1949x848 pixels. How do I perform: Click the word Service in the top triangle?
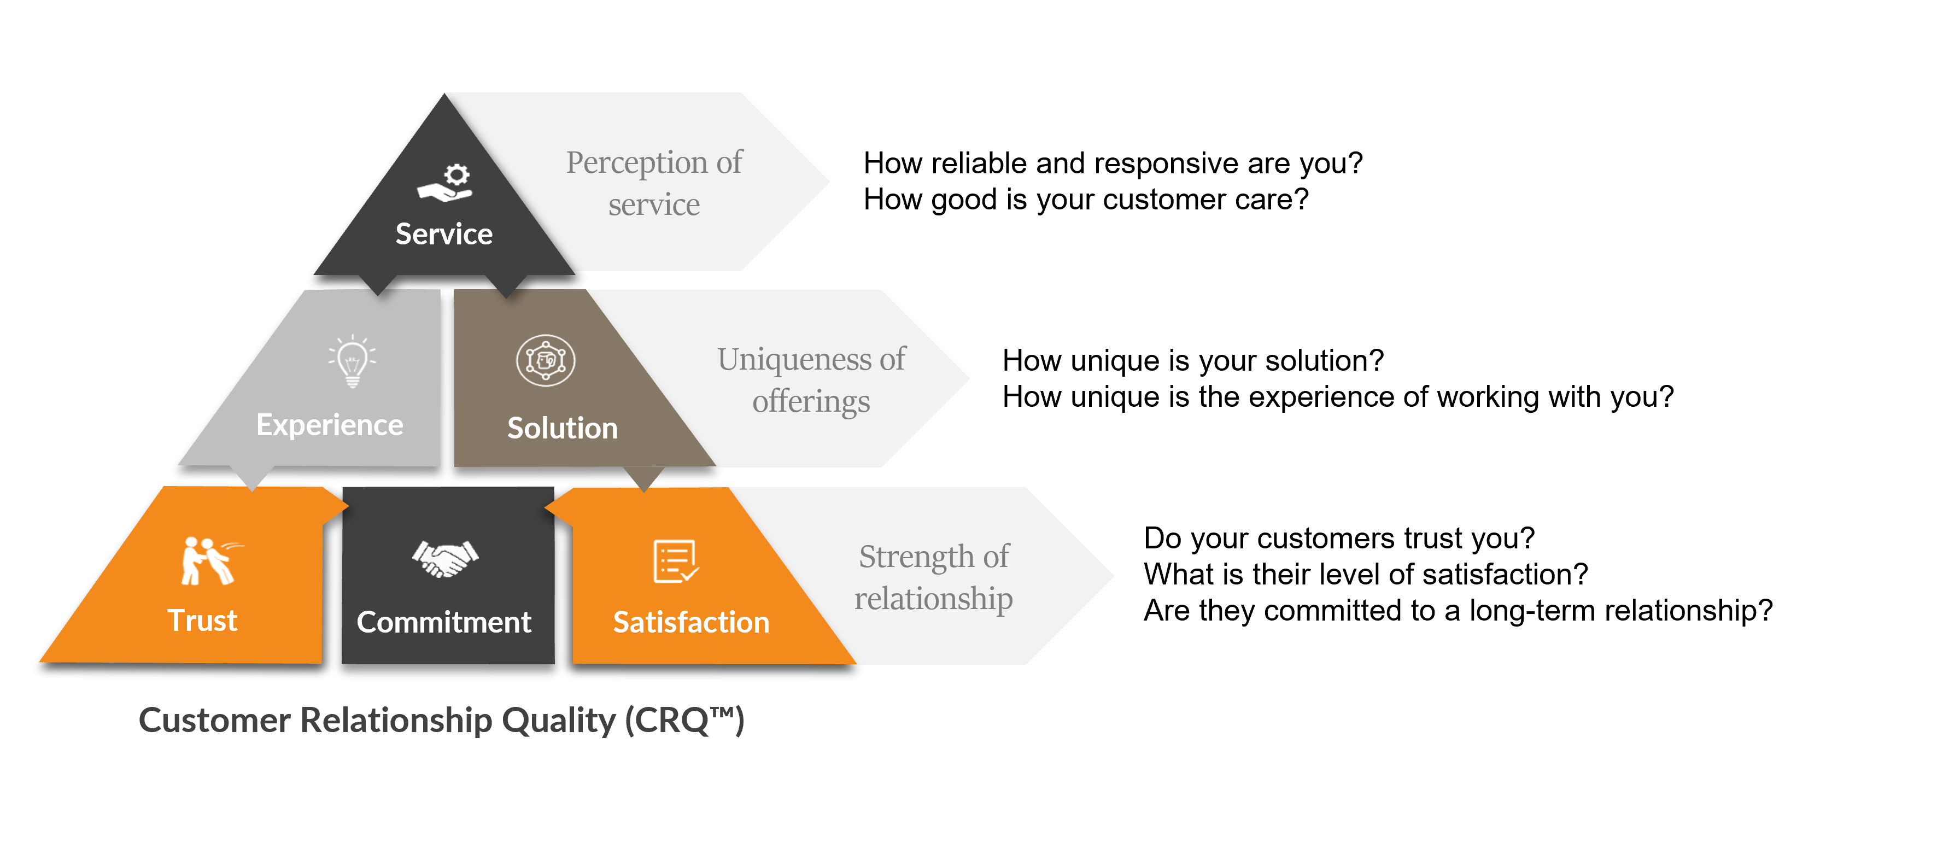click(444, 234)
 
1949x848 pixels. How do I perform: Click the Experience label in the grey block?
click(330, 425)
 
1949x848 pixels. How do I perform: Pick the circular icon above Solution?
click(546, 360)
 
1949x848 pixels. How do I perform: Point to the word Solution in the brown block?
click(562, 428)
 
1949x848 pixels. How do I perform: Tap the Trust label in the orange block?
click(202, 621)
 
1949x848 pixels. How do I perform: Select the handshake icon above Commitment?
click(445, 558)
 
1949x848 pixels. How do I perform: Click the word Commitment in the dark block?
click(444, 622)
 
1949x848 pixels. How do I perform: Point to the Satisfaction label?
click(691, 622)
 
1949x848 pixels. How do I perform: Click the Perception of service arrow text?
click(654, 183)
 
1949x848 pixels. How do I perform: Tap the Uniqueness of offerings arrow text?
click(811, 380)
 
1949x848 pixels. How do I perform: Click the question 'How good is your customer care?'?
click(1086, 200)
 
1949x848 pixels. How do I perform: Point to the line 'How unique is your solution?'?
click(1193, 361)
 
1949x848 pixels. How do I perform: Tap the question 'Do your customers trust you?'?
click(1339, 538)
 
